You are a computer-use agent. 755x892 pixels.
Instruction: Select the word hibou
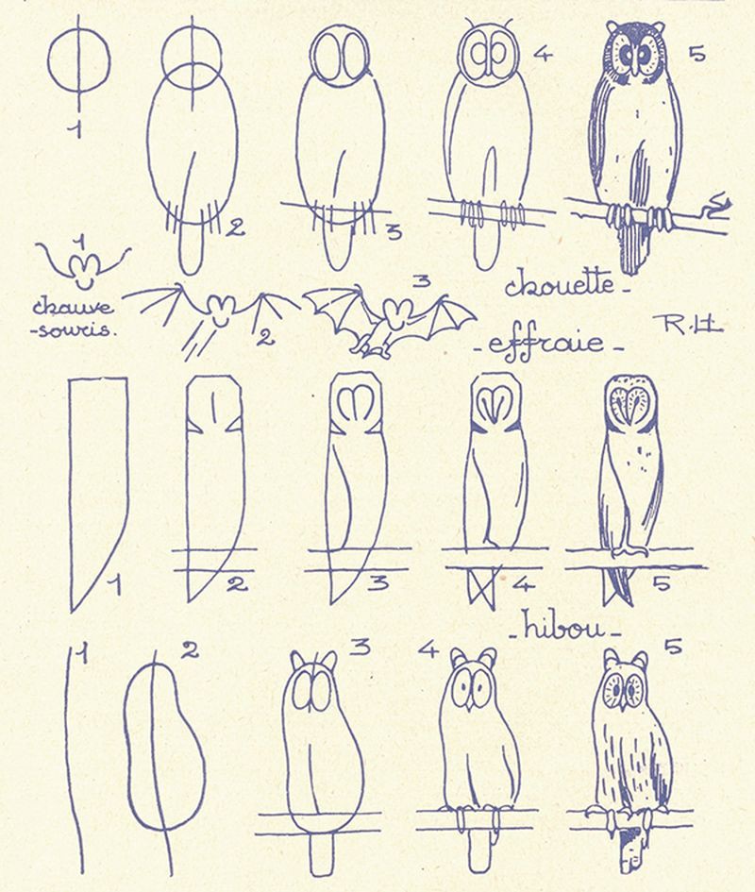click(x=564, y=628)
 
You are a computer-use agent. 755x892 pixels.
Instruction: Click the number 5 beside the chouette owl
click(x=696, y=54)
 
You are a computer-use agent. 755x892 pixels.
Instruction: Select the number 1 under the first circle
click(x=76, y=129)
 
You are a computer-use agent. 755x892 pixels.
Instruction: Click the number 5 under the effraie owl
click(x=662, y=582)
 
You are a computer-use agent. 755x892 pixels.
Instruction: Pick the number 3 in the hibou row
click(x=360, y=647)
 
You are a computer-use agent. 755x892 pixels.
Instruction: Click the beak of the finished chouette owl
click(x=635, y=67)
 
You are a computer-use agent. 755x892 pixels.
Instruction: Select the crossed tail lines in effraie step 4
click(x=483, y=585)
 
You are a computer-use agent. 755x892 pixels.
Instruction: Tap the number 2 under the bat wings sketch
click(x=264, y=338)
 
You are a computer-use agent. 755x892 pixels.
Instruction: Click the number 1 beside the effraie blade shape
click(x=116, y=585)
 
